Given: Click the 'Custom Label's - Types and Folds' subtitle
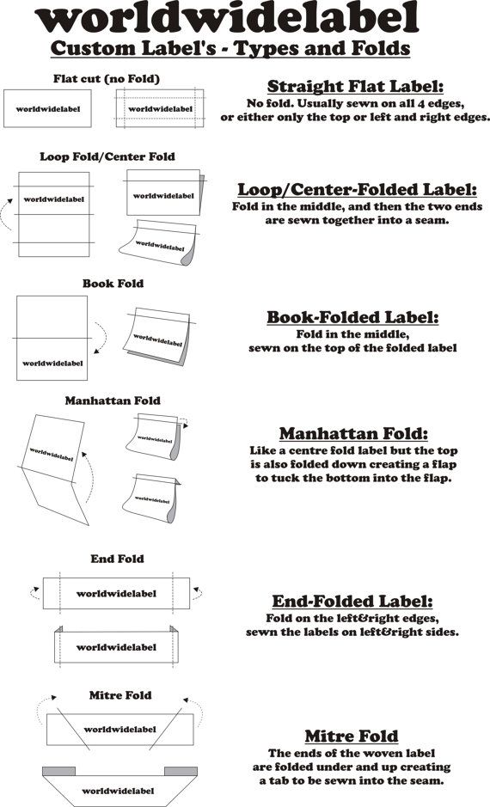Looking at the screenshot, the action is tap(230, 49).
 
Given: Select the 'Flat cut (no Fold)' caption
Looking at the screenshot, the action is tap(107, 79).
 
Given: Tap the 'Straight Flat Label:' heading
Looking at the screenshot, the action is tap(355, 86).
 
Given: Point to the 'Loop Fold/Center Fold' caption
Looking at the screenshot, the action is tap(107, 156).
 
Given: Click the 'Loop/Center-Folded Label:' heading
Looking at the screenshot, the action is tap(357, 189).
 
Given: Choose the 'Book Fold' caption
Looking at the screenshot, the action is tap(113, 284).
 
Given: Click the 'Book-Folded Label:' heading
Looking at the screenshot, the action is tap(352, 317).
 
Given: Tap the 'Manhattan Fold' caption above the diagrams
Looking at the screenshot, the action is tap(113, 400).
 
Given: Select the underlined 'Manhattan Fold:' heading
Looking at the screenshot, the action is tap(353, 433).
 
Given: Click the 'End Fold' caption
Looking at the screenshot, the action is tap(118, 559).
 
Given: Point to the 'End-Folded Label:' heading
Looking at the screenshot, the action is tap(352, 601).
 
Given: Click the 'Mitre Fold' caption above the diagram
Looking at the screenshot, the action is tap(120, 695).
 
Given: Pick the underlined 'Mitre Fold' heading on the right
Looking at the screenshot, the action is tap(352, 736).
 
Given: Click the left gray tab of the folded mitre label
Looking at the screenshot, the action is tap(58, 771).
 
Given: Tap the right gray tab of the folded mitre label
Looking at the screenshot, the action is tap(181, 771).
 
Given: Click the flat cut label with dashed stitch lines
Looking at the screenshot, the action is tap(160, 108).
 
